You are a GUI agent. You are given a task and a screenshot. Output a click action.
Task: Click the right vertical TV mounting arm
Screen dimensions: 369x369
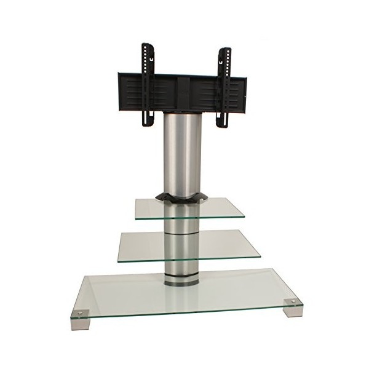pos(224,86)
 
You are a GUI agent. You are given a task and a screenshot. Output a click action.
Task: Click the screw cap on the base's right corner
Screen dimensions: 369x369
pos(292,302)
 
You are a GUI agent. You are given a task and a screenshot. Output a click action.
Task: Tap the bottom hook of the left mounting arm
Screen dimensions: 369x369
pos(148,123)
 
